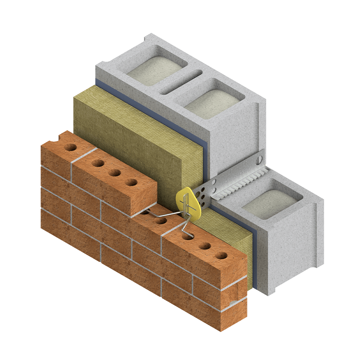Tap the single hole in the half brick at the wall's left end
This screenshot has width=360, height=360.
[x=71, y=147]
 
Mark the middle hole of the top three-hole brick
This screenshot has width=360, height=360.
[x=114, y=172]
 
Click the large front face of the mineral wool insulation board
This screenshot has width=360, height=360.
[x=130, y=135]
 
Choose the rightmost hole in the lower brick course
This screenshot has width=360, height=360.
[x=221, y=256]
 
